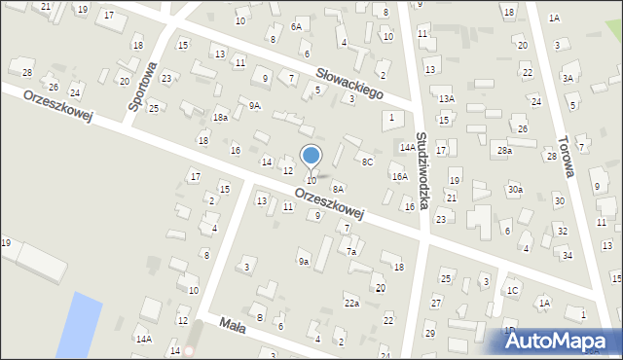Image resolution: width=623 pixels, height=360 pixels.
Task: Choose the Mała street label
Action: pos(232,324)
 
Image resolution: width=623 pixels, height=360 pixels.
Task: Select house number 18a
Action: pos(221,118)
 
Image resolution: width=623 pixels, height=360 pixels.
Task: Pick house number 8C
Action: pos(366,162)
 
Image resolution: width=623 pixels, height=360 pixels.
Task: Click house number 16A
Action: pos(399,176)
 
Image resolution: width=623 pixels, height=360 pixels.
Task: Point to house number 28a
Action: pos(503,150)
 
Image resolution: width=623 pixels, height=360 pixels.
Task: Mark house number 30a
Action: pos(514,189)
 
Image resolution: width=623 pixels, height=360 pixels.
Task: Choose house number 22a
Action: pos(351,303)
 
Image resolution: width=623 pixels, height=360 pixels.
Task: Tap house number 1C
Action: pos(511,290)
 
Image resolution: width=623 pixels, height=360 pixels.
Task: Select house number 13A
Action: pos(446,99)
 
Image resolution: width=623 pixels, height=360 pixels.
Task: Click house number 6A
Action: pos(296,27)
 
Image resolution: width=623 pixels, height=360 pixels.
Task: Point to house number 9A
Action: pos(254,105)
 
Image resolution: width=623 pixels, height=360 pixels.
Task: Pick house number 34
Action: pos(567,255)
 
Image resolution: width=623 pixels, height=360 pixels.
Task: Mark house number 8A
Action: pos(338,189)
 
